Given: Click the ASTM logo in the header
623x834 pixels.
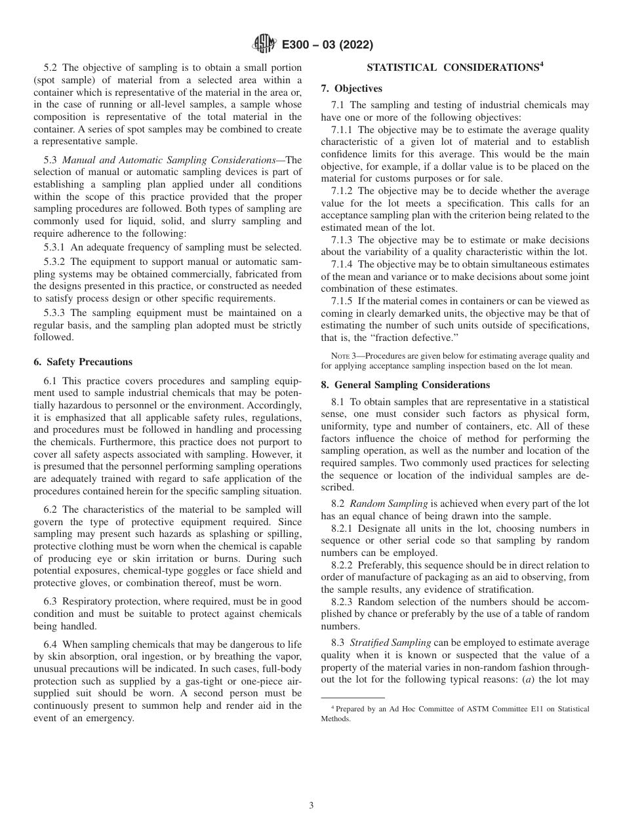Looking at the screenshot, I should coord(264,45).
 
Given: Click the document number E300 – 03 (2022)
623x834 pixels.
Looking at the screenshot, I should coord(327,45).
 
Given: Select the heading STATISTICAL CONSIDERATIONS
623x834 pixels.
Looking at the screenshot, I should coord(453,68).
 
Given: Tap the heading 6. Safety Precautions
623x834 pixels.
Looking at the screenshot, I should coord(83,362).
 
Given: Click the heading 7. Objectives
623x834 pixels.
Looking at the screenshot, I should coord(352,89).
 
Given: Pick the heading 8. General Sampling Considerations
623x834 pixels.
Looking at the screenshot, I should coord(405,385).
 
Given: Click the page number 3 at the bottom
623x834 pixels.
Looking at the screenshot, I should coord(311,806).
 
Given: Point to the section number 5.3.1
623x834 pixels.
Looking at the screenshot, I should coord(54,247).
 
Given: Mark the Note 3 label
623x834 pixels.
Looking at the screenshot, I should coord(345,356).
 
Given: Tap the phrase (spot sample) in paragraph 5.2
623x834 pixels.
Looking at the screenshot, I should coord(65,80).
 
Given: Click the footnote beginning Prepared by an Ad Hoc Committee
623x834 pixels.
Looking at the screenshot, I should coord(454,713).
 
